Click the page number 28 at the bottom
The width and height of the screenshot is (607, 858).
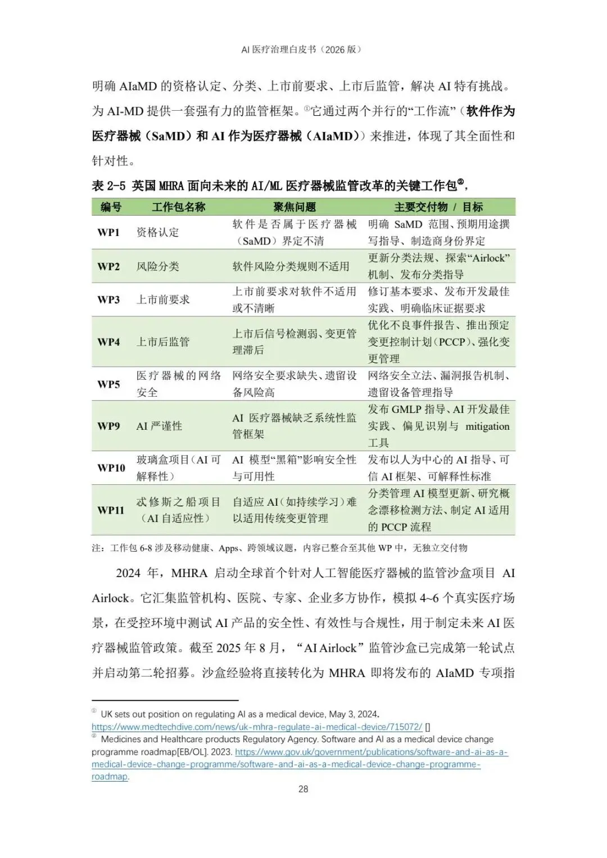pos(303,789)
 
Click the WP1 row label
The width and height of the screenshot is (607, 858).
pos(108,233)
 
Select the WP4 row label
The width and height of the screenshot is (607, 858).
pos(108,342)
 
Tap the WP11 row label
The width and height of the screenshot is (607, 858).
pos(111,510)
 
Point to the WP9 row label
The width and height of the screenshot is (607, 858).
pos(108,426)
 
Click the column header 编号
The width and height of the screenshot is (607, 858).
pos(111,207)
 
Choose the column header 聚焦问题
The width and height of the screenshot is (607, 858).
pos(295,207)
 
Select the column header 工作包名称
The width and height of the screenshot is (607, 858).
pos(178,207)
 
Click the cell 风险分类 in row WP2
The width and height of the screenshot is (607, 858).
pos(157,266)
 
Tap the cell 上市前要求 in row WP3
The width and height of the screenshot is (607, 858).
pos(163,299)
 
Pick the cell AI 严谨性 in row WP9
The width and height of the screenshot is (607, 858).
pos(159,426)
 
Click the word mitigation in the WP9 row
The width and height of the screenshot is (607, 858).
pos(487,426)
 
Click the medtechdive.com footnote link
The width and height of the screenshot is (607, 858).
pos(257,727)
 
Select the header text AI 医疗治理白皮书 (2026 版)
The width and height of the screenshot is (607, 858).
pos(302,49)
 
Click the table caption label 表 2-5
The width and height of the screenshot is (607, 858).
pos(108,185)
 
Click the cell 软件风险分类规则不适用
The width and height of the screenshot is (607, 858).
pos(291,266)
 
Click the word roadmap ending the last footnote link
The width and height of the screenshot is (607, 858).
pos(110,777)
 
